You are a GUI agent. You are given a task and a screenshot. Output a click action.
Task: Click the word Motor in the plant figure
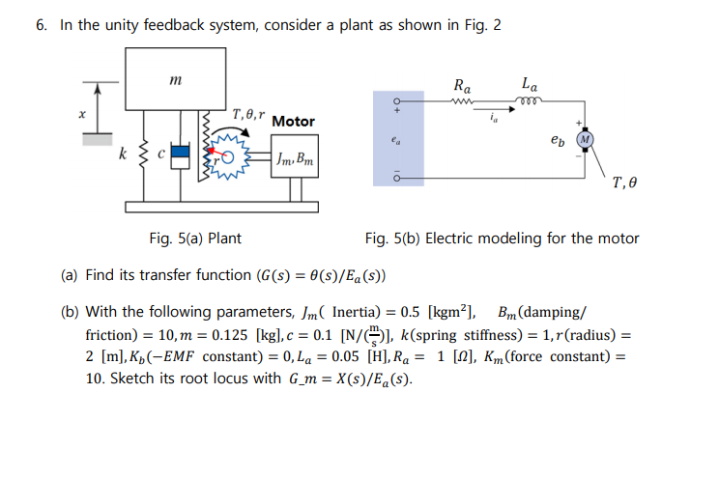(x=293, y=122)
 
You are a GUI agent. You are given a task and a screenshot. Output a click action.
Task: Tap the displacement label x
(x=82, y=114)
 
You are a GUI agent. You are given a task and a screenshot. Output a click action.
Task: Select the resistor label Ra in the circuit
(x=462, y=84)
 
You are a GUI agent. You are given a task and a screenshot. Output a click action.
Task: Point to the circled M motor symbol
(x=585, y=137)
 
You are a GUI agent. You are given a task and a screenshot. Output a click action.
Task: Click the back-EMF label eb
(x=556, y=139)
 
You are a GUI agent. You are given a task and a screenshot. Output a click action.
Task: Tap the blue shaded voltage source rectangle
(x=398, y=138)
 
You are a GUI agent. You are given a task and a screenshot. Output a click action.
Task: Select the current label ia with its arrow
(x=494, y=115)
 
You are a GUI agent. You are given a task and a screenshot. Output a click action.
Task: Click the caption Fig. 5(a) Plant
(x=196, y=238)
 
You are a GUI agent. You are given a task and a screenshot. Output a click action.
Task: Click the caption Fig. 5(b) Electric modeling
(x=502, y=238)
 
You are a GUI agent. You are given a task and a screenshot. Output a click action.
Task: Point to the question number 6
(x=42, y=25)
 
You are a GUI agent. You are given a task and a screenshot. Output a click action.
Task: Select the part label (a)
(x=70, y=275)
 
